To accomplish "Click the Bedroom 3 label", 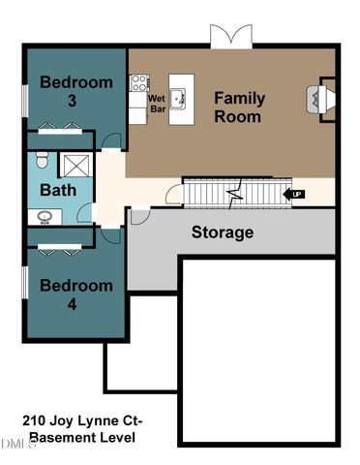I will [x=75, y=92].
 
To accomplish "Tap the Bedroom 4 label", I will [x=75, y=295].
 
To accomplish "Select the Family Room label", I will [x=238, y=107].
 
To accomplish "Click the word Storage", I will [x=222, y=232].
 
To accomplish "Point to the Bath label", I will [x=57, y=190].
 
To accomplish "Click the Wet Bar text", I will [x=157, y=104].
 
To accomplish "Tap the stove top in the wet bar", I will [x=139, y=83].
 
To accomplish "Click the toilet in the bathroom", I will [x=40, y=158].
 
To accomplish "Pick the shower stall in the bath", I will [x=73, y=164].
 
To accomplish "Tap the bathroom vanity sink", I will [x=43, y=216].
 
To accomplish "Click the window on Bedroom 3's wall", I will [x=25, y=99].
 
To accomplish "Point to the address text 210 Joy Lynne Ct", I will [x=82, y=421].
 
